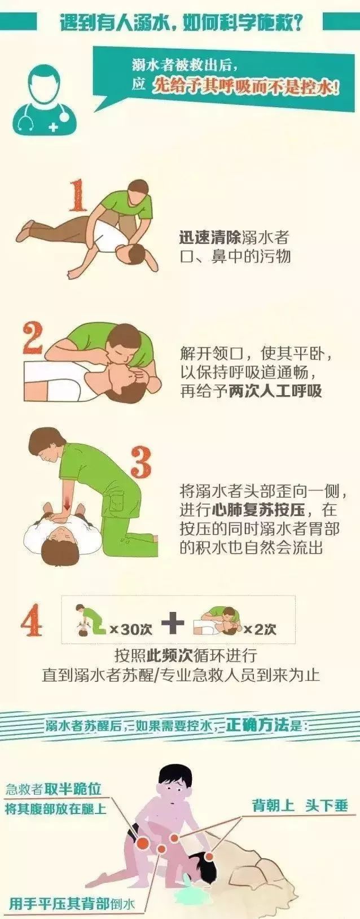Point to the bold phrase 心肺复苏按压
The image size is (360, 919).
(259, 510)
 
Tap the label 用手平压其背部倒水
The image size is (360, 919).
(73, 903)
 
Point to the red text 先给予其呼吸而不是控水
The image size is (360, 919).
(246, 86)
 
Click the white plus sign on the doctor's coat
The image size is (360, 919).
(54, 127)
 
